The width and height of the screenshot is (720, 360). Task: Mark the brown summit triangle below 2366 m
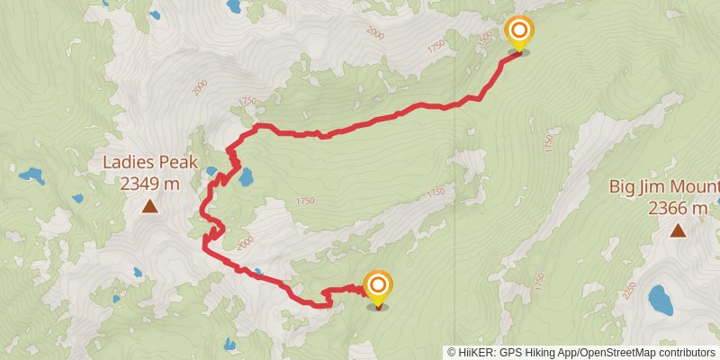677,231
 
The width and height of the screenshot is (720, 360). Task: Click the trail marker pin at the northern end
518,34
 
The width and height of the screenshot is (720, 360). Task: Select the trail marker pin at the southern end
378,287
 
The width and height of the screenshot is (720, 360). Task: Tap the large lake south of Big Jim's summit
661,300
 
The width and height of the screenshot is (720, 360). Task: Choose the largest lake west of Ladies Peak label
32,175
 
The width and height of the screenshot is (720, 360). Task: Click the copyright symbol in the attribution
452,352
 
